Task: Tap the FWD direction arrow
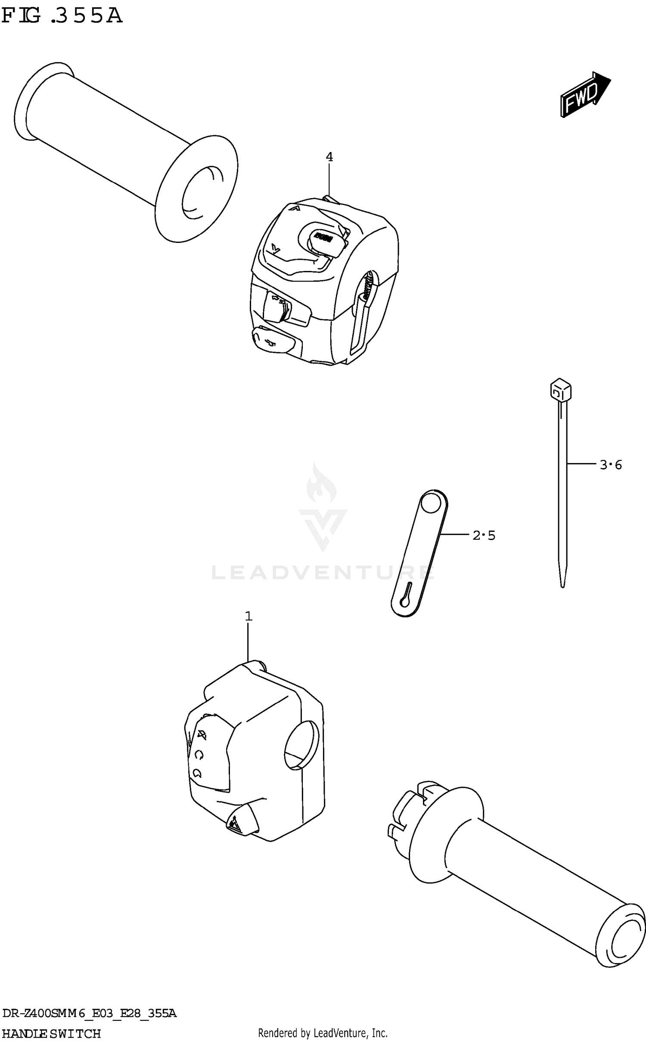coord(585,95)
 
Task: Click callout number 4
coord(329,157)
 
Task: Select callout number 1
coord(248,617)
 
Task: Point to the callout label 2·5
coord(484,536)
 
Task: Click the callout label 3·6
coord(611,465)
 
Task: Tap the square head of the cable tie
coord(560,390)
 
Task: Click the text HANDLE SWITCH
coord(51,1033)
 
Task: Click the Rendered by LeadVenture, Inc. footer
coord(323,1032)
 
